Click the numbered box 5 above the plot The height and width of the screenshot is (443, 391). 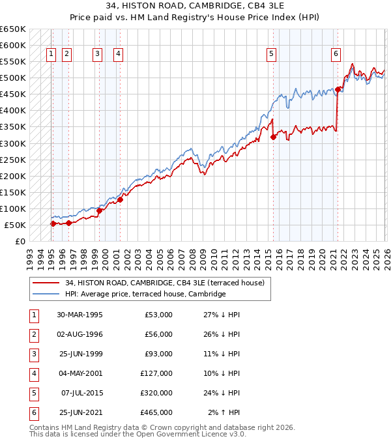[x=271, y=55]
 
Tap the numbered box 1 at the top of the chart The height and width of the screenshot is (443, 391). [x=51, y=55]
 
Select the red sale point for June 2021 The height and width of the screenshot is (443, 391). [x=338, y=89]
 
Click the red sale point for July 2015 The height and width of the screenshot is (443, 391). [x=273, y=137]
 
